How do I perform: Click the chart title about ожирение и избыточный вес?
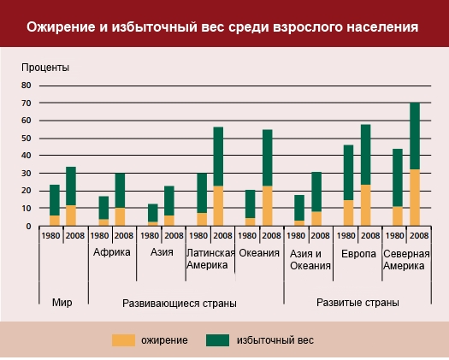pyautogui.click(x=222, y=27)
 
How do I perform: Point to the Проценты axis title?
pyautogui.click(x=45, y=68)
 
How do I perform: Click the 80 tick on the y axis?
pyautogui.click(x=26, y=86)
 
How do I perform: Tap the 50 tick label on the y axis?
pyautogui.click(x=26, y=139)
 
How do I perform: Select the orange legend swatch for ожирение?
pyautogui.click(x=123, y=340)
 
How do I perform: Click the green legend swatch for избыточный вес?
pyautogui.click(x=217, y=340)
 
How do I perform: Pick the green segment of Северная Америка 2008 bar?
pyautogui.click(x=415, y=136)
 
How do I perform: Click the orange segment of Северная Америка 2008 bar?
pyautogui.click(x=415, y=198)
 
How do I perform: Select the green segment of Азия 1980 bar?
pyautogui.click(x=153, y=213)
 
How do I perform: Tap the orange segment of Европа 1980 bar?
pyautogui.click(x=348, y=213)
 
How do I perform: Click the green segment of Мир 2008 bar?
pyautogui.click(x=71, y=186)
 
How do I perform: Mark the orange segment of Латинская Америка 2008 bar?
pyautogui.click(x=218, y=206)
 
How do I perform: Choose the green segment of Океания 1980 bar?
pyautogui.click(x=251, y=204)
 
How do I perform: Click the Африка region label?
pyautogui.click(x=112, y=252)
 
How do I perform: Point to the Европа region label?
pyautogui.click(x=358, y=254)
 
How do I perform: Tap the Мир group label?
pyautogui.click(x=62, y=303)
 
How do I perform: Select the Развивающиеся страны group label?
pyautogui.click(x=180, y=304)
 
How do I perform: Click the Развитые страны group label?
pyautogui.click(x=357, y=303)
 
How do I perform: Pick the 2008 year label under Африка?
pyautogui.click(x=124, y=236)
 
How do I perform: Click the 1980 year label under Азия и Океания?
pyautogui.click(x=296, y=236)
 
